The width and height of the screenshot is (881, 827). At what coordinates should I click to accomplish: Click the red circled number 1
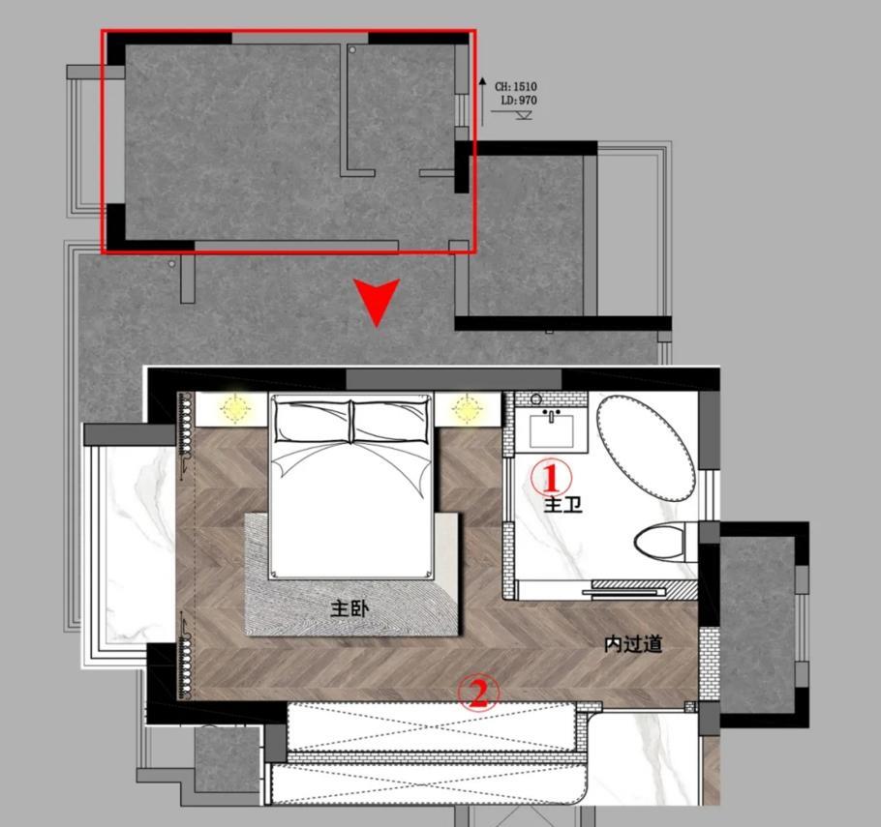tap(551, 477)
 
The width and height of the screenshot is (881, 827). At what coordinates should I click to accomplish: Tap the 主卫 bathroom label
tap(562, 504)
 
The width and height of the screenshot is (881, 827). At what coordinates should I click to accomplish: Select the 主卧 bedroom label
tap(349, 608)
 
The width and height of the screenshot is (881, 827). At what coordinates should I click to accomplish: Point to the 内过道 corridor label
tap(633, 644)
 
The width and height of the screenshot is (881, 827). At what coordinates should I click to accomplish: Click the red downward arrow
tap(376, 302)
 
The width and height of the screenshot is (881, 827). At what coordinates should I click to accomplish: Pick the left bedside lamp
tap(234, 408)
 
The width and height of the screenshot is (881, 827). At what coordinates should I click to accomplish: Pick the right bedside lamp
tap(468, 408)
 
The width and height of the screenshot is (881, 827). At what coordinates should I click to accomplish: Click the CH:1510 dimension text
tap(516, 87)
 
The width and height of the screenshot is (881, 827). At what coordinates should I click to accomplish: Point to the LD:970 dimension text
tap(518, 101)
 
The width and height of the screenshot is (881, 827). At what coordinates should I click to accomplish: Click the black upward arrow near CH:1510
tap(482, 96)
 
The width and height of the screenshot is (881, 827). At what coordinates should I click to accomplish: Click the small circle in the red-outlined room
tap(352, 49)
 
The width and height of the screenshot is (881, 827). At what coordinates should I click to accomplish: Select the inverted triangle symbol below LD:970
tap(524, 116)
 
